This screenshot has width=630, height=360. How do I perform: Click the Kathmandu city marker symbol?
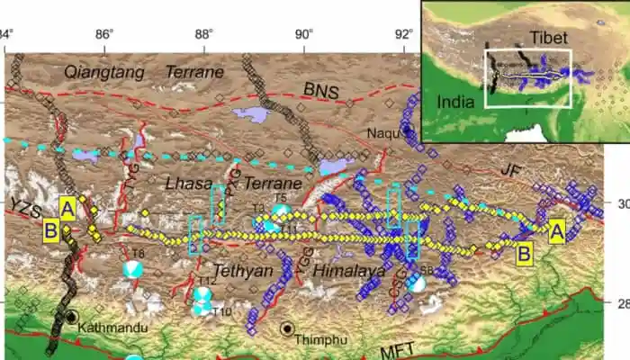coord(72,317)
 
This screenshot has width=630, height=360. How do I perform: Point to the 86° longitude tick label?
coord(104,34)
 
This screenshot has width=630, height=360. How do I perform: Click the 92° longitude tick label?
coord(403,34)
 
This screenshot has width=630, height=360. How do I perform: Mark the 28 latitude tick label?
coord(621,303)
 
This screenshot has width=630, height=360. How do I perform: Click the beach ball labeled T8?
coord(133,269)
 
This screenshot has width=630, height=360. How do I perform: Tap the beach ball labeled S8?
coord(415,283)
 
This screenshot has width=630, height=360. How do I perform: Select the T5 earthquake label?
coord(280,197)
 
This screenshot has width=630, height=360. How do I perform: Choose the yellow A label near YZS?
coord(67,208)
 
